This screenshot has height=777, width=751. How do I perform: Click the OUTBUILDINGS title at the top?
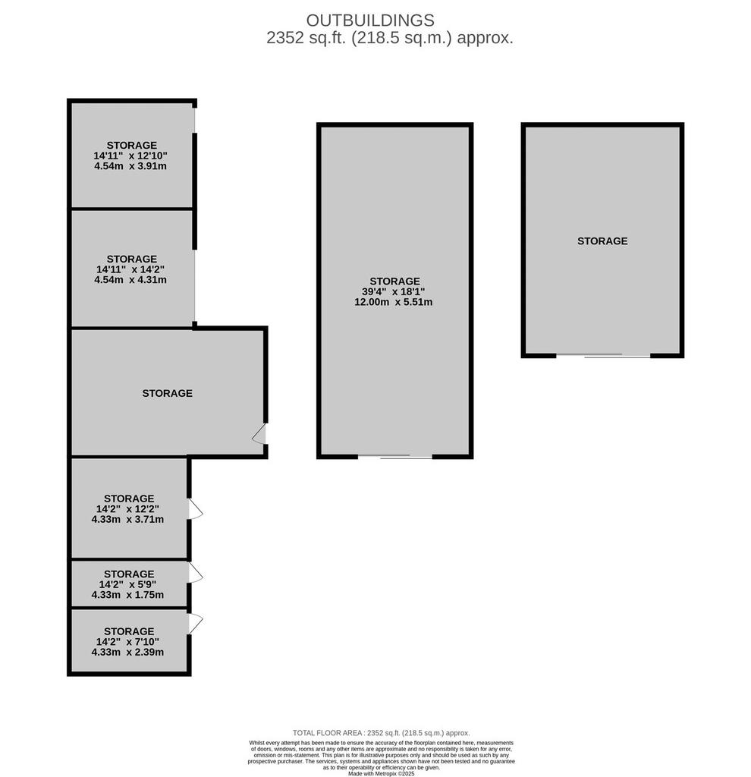click(370, 20)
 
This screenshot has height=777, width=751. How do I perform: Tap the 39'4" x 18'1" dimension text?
click(394, 291)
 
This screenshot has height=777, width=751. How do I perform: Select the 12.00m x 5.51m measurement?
click(394, 302)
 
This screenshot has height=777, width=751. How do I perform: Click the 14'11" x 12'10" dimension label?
click(130, 156)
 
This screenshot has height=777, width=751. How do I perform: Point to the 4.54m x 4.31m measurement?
click(130, 279)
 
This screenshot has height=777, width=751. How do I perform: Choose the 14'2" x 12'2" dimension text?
click(127, 509)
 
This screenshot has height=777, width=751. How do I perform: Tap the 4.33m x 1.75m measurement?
click(127, 595)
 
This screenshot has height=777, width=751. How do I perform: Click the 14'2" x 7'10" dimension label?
click(127, 642)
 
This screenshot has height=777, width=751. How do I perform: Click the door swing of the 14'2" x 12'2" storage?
click(196, 509)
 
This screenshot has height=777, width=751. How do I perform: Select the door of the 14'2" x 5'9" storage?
click(196, 574)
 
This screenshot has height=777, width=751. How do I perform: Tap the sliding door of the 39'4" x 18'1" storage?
click(394, 456)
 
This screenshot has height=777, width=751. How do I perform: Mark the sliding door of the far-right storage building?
click(603, 355)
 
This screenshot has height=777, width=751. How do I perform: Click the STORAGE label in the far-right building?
click(602, 241)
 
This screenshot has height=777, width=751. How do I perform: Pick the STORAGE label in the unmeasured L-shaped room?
click(168, 393)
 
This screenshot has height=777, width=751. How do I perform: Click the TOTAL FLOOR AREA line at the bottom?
click(381, 733)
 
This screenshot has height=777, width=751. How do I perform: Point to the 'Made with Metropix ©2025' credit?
click(381, 773)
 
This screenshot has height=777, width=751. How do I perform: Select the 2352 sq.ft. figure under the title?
click(306, 38)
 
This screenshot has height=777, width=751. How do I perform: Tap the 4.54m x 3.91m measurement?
click(130, 166)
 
